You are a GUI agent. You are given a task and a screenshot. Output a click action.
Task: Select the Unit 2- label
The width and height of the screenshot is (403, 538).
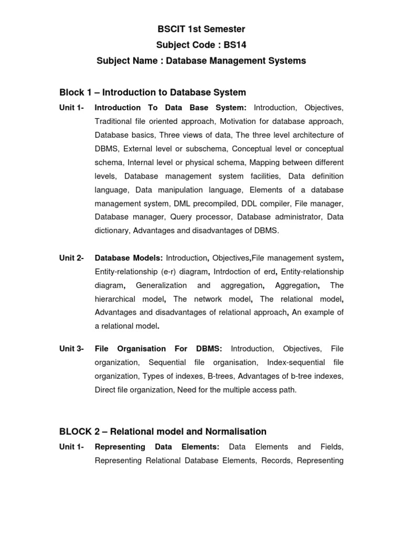[x=71, y=258]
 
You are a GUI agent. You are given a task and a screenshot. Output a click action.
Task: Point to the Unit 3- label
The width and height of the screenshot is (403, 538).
[x=71, y=349]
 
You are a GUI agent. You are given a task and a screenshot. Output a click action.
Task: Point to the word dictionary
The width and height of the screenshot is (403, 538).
[x=112, y=231]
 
